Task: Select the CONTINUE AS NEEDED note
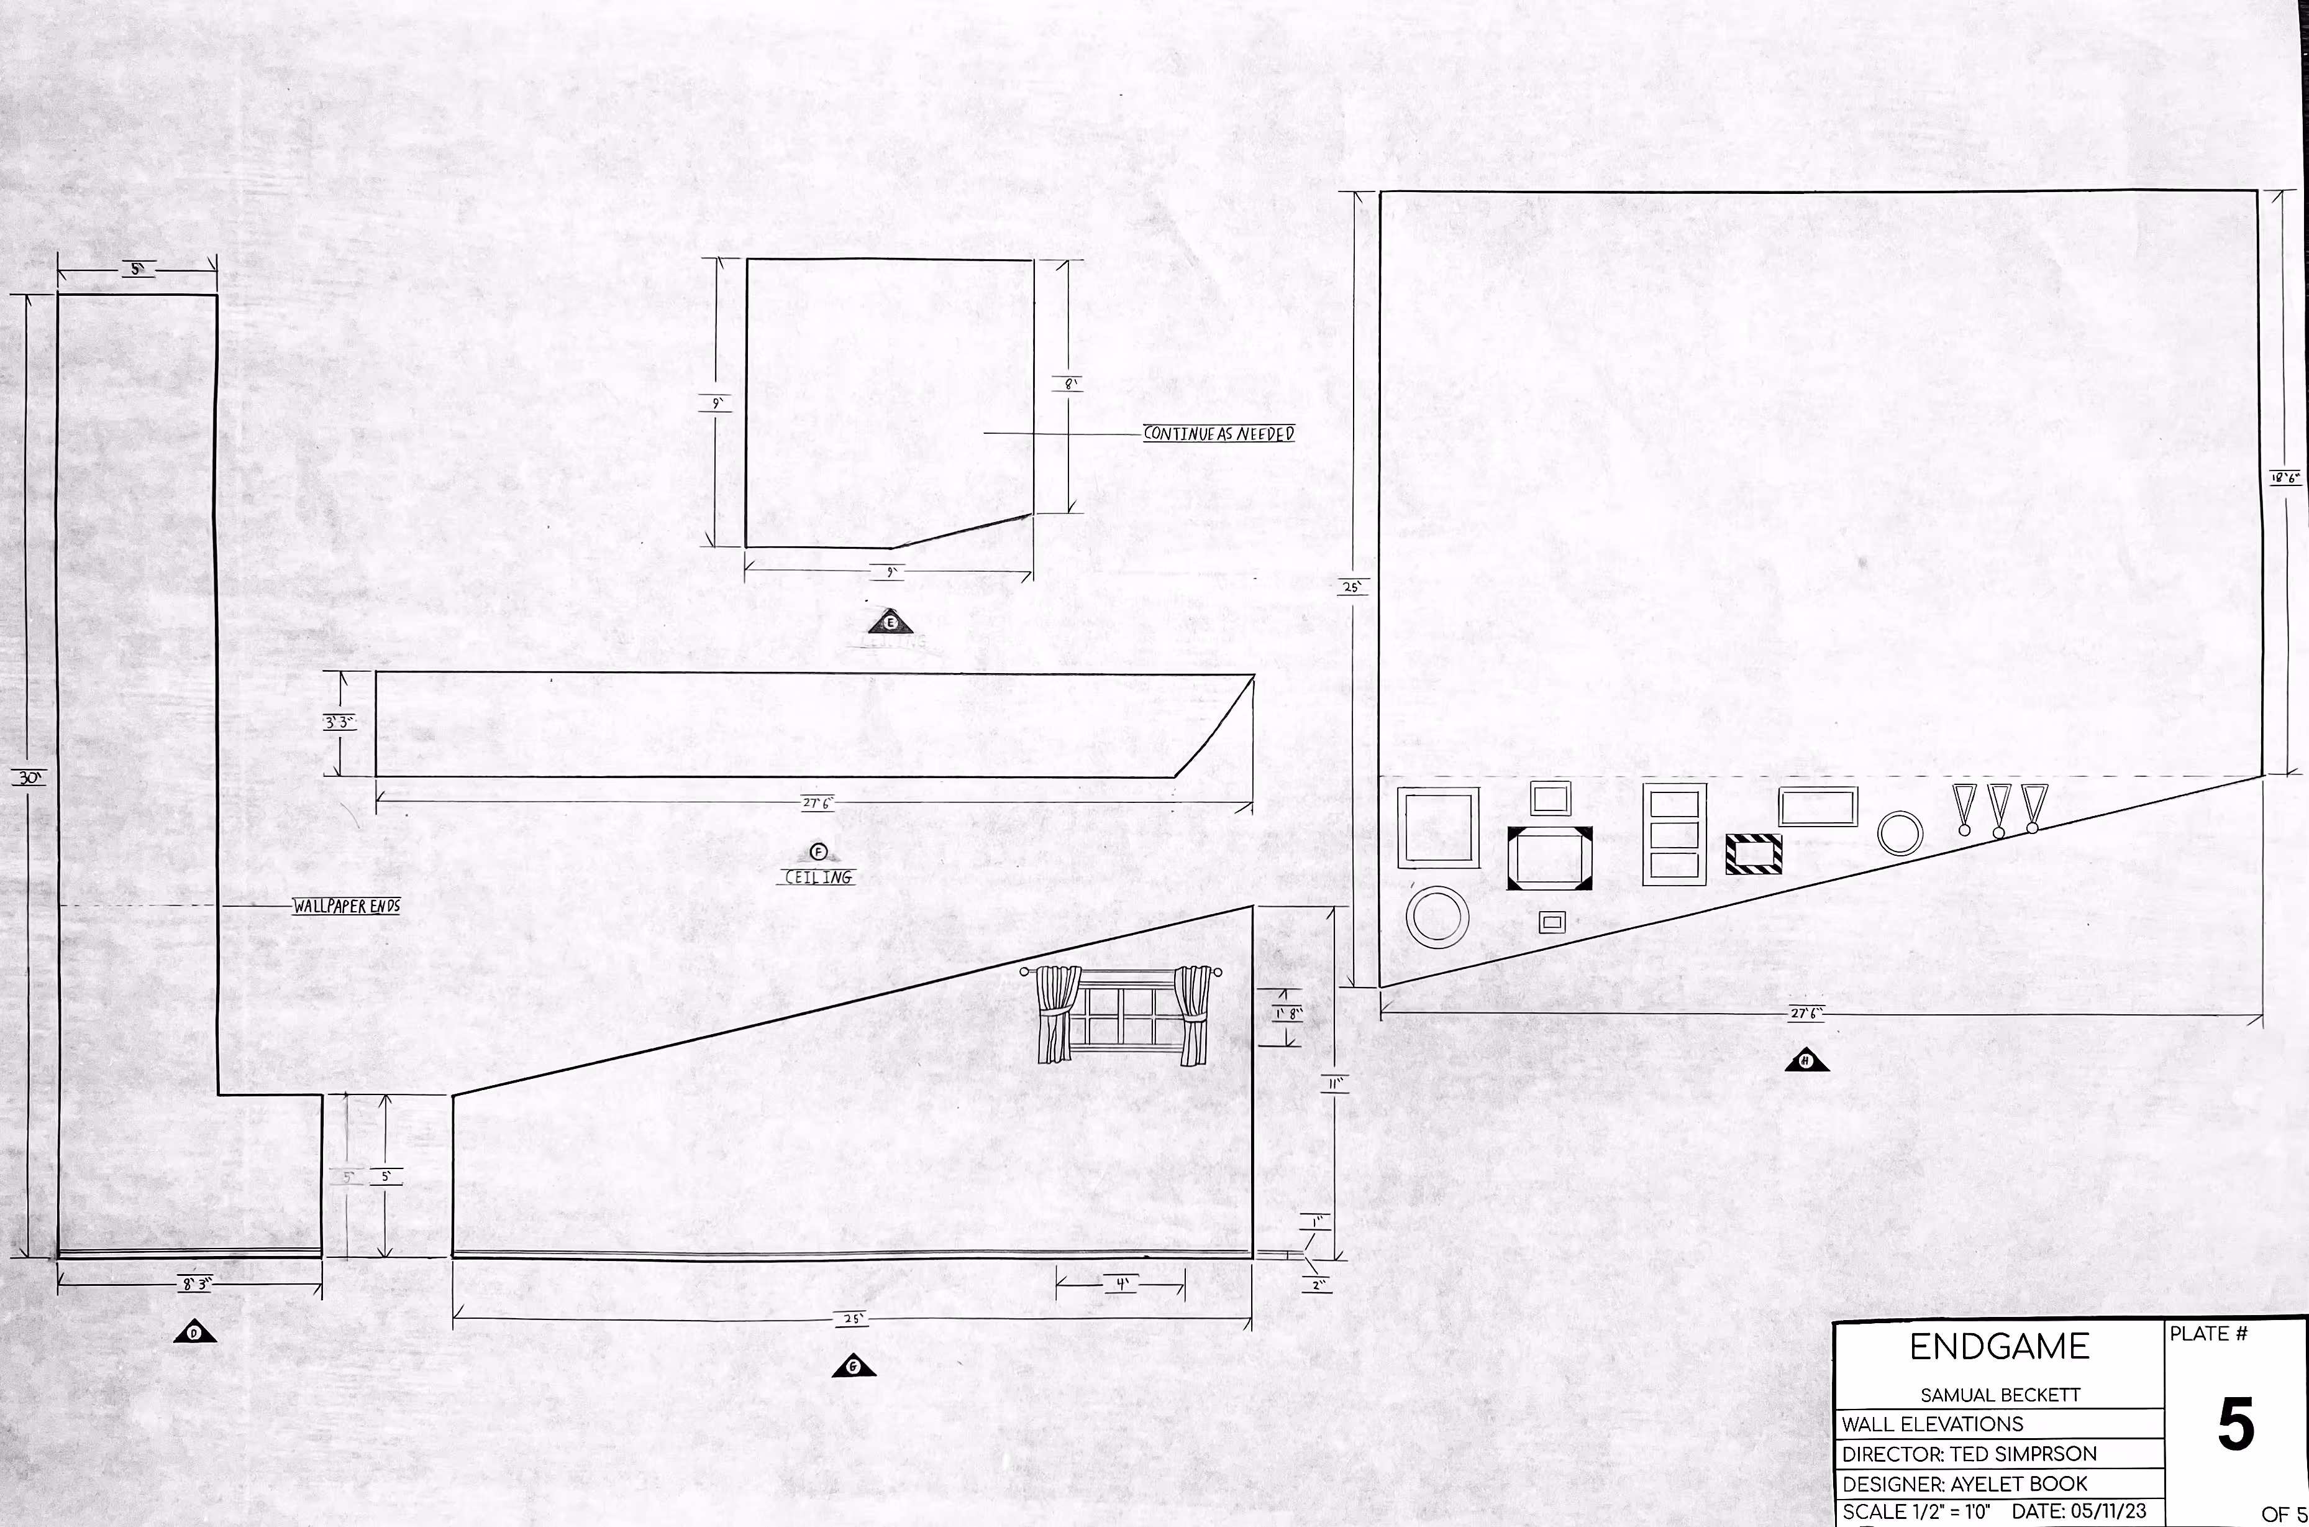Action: point(1219,433)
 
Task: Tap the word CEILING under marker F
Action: point(819,878)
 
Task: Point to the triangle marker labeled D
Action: point(194,1333)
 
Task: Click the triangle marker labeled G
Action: point(854,1367)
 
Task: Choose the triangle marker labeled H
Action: point(1806,1062)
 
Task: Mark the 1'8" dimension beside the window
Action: point(1287,1014)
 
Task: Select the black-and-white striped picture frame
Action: point(1753,854)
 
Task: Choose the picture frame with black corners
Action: point(1549,857)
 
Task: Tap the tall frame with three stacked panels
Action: point(1674,835)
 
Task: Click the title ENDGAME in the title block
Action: point(2000,1347)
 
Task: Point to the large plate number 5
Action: point(2236,1424)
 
